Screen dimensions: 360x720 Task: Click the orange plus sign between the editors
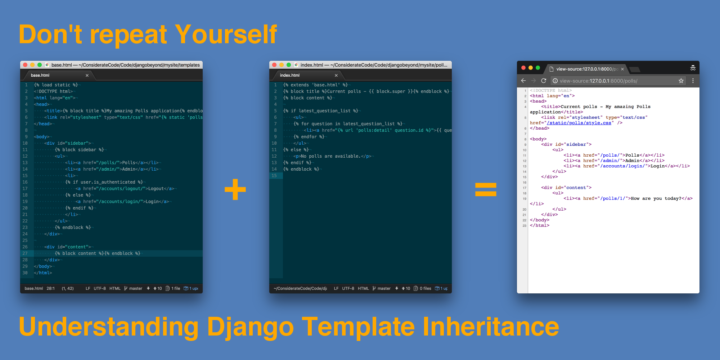[x=235, y=189]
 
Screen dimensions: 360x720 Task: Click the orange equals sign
[x=486, y=190]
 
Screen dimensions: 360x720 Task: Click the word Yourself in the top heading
[x=226, y=35]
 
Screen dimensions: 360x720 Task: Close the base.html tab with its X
[x=87, y=75]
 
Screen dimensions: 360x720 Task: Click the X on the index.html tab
[x=336, y=75]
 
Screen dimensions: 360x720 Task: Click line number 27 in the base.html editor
[x=25, y=253]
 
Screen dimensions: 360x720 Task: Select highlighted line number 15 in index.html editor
[x=274, y=176]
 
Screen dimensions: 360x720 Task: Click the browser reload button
[x=544, y=81]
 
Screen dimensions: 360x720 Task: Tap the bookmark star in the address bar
[x=681, y=81]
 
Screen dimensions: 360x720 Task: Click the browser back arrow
[x=523, y=81]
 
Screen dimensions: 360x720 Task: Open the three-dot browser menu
[x=693, y=81]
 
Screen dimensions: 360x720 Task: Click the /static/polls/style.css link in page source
[x=579, y=123]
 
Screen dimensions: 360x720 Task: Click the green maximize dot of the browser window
[x=538, y=68]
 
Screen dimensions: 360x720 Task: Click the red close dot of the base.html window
[x=25, y=65]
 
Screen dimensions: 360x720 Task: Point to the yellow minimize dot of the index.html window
[x=282, y=65]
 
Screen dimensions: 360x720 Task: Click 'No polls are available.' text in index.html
[x=330, y=156]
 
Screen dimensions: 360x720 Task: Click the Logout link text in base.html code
[x=156, y=189]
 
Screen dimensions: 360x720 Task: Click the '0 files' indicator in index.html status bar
[x=425, y=288]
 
